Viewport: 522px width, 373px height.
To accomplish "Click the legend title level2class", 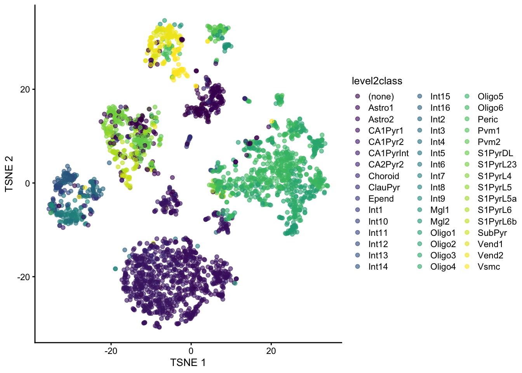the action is pos(377,81).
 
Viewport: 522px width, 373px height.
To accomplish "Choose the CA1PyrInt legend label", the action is pos(388,153).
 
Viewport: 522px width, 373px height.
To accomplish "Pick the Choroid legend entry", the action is pos(384,176).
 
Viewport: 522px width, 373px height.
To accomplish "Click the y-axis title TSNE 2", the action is pos(9,174).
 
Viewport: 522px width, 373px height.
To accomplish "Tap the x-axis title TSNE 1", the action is pos(188,363).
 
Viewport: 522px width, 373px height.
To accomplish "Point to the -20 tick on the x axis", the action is pos(111,350).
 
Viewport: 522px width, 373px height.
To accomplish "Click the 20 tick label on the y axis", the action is pos(25,89).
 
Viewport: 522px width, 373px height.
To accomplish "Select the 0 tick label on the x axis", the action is pos(191,350).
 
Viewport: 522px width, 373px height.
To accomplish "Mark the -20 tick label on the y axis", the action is pos(23,277).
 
